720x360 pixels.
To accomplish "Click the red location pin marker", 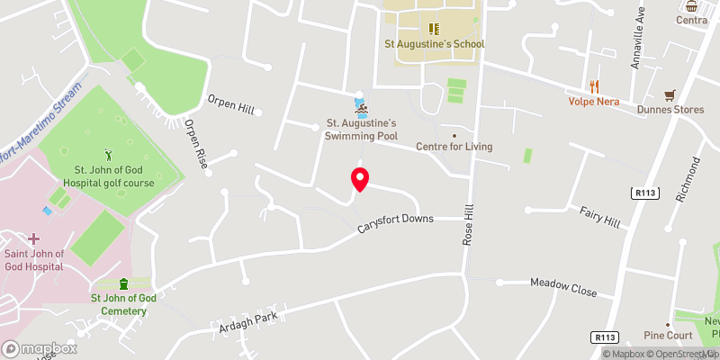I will (359, 179).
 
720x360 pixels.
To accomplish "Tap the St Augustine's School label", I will (435, 44).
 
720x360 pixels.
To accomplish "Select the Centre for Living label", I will (454, 147).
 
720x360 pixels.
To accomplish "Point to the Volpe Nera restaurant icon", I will (594, 86).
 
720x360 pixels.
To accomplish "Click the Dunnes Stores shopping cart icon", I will (670, 95).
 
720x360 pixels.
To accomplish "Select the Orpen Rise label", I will (196, 142).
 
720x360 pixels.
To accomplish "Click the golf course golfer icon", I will (110, 154).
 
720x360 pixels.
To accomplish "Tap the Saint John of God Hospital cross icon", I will (34, 238).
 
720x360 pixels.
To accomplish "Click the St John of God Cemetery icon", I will (124, 284).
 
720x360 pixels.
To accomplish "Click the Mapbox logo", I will (38, 348).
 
